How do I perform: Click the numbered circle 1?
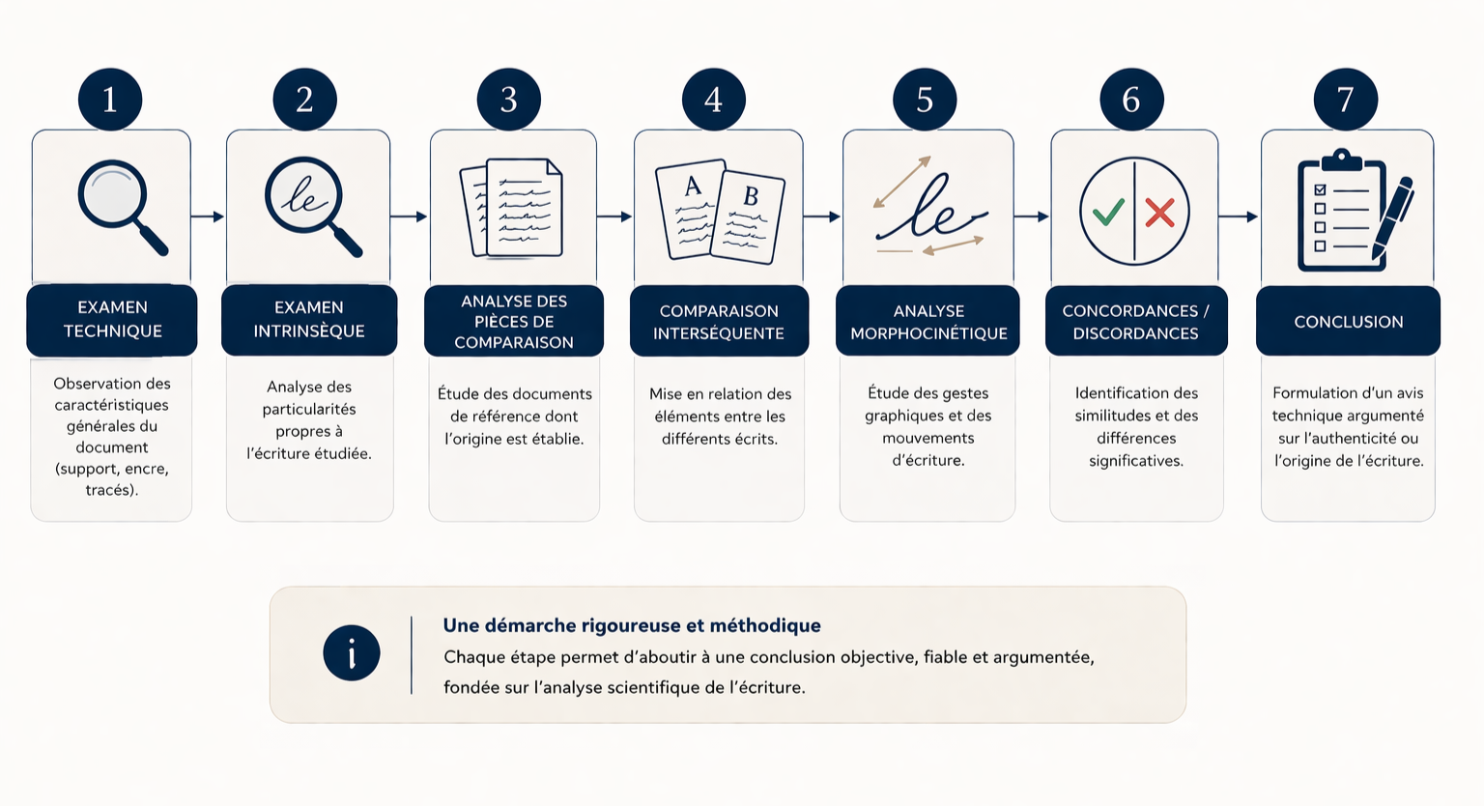[x=110, y=100]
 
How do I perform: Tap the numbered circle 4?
[x=713, y=100]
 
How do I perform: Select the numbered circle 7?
[x=1345, y=100]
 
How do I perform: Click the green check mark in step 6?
[x=1108, y=212]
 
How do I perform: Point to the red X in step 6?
[x=1159, y=213]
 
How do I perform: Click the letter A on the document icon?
[x=693, y=187]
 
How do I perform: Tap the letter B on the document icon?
[x=751, y=196]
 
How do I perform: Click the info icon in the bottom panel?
[x=351, y=653]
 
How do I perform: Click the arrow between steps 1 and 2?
[x=208, y=216]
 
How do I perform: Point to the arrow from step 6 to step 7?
[x=1239, y=216]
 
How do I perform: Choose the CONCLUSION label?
[x=1348, y=322]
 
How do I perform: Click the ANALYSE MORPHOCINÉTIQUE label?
[x=928, y=322]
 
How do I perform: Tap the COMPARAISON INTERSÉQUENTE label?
[x=719, y=322]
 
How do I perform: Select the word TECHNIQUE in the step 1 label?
[x=112, y=331]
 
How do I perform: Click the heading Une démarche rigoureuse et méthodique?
[x=632, y=625]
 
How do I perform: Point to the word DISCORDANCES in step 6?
[x=1135, y=333]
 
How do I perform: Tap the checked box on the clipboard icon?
[x=1320, y=189]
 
